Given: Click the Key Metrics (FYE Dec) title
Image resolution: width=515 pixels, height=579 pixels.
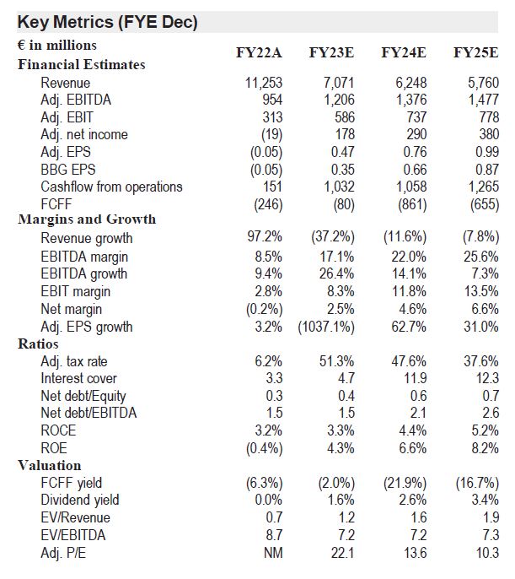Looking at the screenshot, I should coord(107,22).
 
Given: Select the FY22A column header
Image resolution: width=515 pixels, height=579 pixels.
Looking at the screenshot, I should coord(259,52).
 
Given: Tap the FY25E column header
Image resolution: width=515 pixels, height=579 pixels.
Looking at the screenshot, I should coord(475,52).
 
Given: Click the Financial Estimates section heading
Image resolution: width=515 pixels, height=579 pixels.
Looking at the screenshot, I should coord(82,64).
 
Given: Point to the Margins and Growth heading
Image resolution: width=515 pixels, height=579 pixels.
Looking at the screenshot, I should coord(87,219).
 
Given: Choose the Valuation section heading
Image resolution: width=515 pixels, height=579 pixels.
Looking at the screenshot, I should coord(50,465).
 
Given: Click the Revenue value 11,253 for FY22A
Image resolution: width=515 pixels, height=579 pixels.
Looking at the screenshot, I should coord(264,83).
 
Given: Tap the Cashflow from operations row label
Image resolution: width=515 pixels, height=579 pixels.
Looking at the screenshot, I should coord(111,187).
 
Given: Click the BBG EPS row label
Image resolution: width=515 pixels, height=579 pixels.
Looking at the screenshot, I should coord(68,170).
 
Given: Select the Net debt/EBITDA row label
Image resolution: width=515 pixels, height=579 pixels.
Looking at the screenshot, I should coord(90,414).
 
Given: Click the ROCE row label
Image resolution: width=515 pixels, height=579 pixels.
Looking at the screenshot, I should coord(58,430).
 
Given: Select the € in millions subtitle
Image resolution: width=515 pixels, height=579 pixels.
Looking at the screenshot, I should coord(56,46).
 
